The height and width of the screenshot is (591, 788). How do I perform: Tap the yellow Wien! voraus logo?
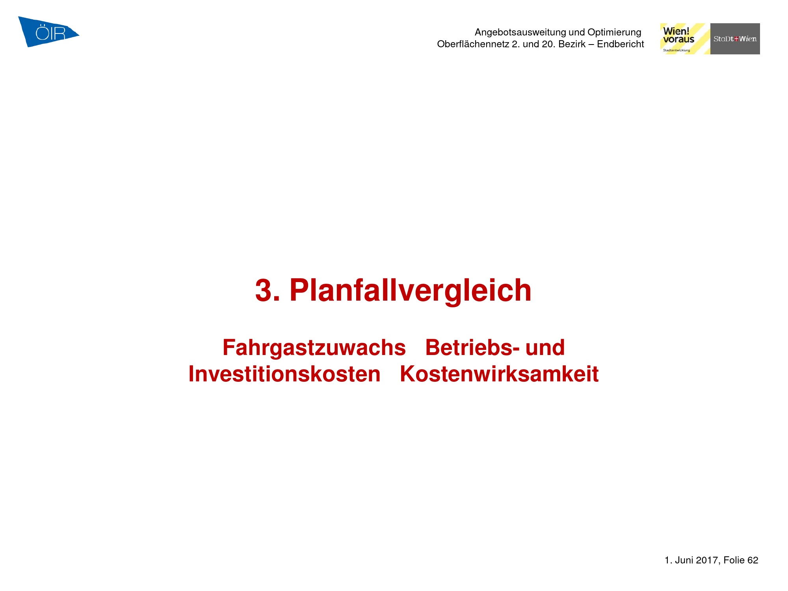click(685, 39)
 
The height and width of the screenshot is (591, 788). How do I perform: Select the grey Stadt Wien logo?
click(735, 39)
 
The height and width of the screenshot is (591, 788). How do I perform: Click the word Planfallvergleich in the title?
click(411, 291)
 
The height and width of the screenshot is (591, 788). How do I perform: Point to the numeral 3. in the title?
click(268, 291)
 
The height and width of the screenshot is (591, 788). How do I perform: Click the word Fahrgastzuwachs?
click(314, 348)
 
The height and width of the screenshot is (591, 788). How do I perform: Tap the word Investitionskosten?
click(284, 374)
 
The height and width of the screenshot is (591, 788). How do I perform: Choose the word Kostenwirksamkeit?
click(499, 374)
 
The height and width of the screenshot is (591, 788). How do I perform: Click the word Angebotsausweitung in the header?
click(520, 32)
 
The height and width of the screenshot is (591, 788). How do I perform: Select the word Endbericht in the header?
click(621, 44)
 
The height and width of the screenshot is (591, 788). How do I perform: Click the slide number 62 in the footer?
click(753, 560)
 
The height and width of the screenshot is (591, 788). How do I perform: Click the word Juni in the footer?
click(684, 560)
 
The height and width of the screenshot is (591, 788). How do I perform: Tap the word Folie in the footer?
click(734, 560)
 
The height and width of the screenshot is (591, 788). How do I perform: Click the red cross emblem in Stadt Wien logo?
click(736, 39)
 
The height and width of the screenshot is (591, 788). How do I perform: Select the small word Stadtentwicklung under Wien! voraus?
click(676, 50)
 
